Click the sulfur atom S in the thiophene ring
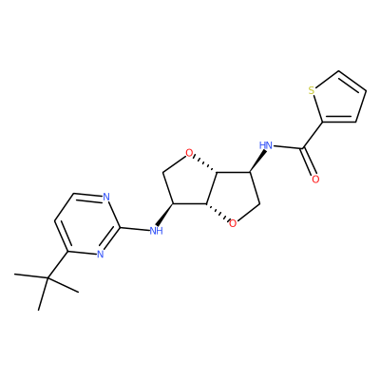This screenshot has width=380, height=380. [312, 90]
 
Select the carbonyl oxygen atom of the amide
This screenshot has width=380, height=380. [315, 180]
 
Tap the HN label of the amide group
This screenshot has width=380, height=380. [266, 145]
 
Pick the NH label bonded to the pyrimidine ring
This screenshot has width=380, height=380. [156, 230]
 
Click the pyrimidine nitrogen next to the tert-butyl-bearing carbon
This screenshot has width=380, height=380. [100, 254]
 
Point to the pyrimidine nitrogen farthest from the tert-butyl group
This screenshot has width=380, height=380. [106, 197]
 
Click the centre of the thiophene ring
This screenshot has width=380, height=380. [339, 100]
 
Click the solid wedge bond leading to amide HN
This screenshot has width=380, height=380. [257, 161]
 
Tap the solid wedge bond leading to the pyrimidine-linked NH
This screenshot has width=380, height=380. [165, 215]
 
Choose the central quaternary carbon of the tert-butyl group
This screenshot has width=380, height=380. [47, 278]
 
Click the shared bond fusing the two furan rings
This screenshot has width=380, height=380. [212, 188]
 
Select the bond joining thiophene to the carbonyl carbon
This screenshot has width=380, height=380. [313, 135]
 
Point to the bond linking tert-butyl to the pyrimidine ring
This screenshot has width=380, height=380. [58, 265]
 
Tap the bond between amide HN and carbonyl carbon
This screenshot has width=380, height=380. [288, 147]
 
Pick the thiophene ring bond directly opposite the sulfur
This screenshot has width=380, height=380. [361, 105]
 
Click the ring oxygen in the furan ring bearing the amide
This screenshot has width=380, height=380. [233, 224]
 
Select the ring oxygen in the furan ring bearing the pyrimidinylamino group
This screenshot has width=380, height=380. [189, 154]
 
